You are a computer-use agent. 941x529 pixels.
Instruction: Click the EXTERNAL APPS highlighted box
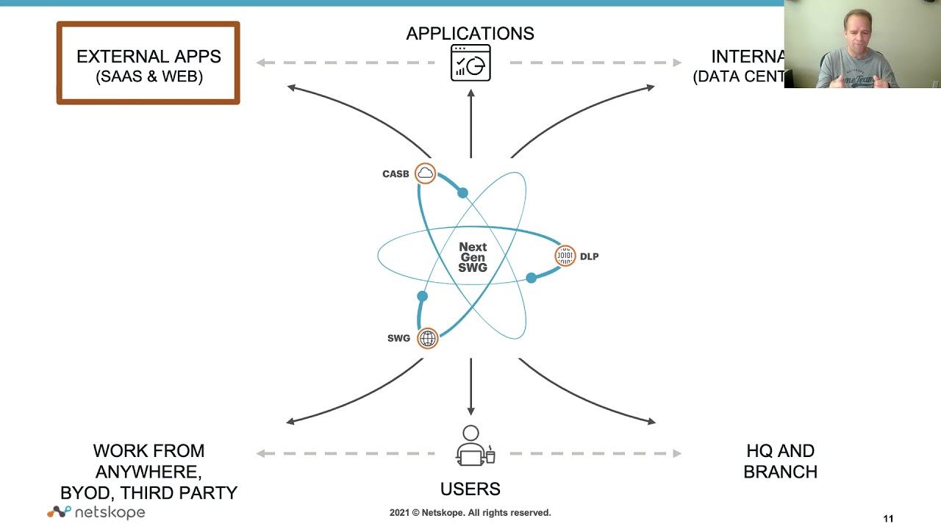pos(148,63)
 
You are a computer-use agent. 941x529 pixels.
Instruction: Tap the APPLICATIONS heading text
pos(470,33)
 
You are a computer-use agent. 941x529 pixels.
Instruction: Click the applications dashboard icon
pos(470,63)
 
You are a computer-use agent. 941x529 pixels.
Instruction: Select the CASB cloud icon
pos(425,173)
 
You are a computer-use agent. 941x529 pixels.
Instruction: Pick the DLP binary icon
pos(565,256)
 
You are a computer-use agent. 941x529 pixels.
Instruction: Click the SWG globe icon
pos(427,338)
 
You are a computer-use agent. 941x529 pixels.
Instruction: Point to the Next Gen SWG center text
pos(472,257)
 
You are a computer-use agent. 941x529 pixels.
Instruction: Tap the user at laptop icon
pos(473,446)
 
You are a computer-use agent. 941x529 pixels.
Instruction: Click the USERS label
pos(470,489)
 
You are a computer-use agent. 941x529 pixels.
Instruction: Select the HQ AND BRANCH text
pos(780,461)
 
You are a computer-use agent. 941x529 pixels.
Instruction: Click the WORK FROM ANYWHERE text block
pos(149,471)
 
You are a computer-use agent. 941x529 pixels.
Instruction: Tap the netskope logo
pos(96,512)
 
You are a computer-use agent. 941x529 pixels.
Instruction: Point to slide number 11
pos(888,519)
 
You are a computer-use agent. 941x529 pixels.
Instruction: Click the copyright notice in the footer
pos(470,513)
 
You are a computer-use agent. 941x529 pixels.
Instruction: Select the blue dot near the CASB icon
pos(462,192)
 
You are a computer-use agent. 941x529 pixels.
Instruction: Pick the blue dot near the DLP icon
pos(531,278)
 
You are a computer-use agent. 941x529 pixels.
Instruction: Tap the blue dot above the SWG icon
pos(422,296)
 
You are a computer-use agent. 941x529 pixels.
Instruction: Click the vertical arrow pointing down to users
pos(470,386)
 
